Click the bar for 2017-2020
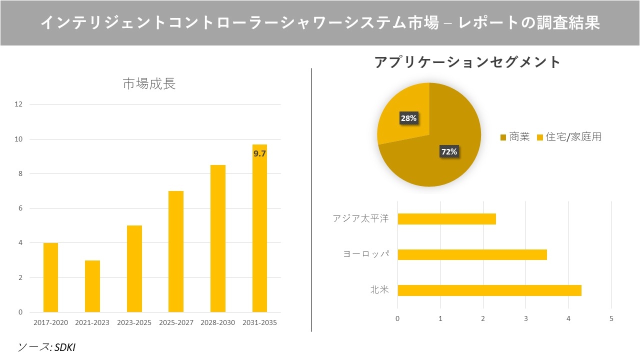coord(50,277)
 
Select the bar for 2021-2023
coord(92,286)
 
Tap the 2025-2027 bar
coord(176,251)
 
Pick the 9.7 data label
coord(259,154)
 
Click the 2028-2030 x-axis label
coord(217,322)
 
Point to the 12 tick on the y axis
coord(18,104)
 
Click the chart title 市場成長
coord(149,84)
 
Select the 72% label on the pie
coord(448,151)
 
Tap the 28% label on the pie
coord(408,118)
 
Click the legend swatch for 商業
coord(503,137)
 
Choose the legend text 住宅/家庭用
coord(573,137)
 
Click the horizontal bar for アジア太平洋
coord(446,219)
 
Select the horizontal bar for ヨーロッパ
coord(472,254)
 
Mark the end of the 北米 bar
coord(580,290)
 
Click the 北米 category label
coord(379,290)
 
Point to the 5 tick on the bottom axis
coord(611,318)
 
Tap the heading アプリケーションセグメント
coord(467,62)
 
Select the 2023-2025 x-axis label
coord(134,322)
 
